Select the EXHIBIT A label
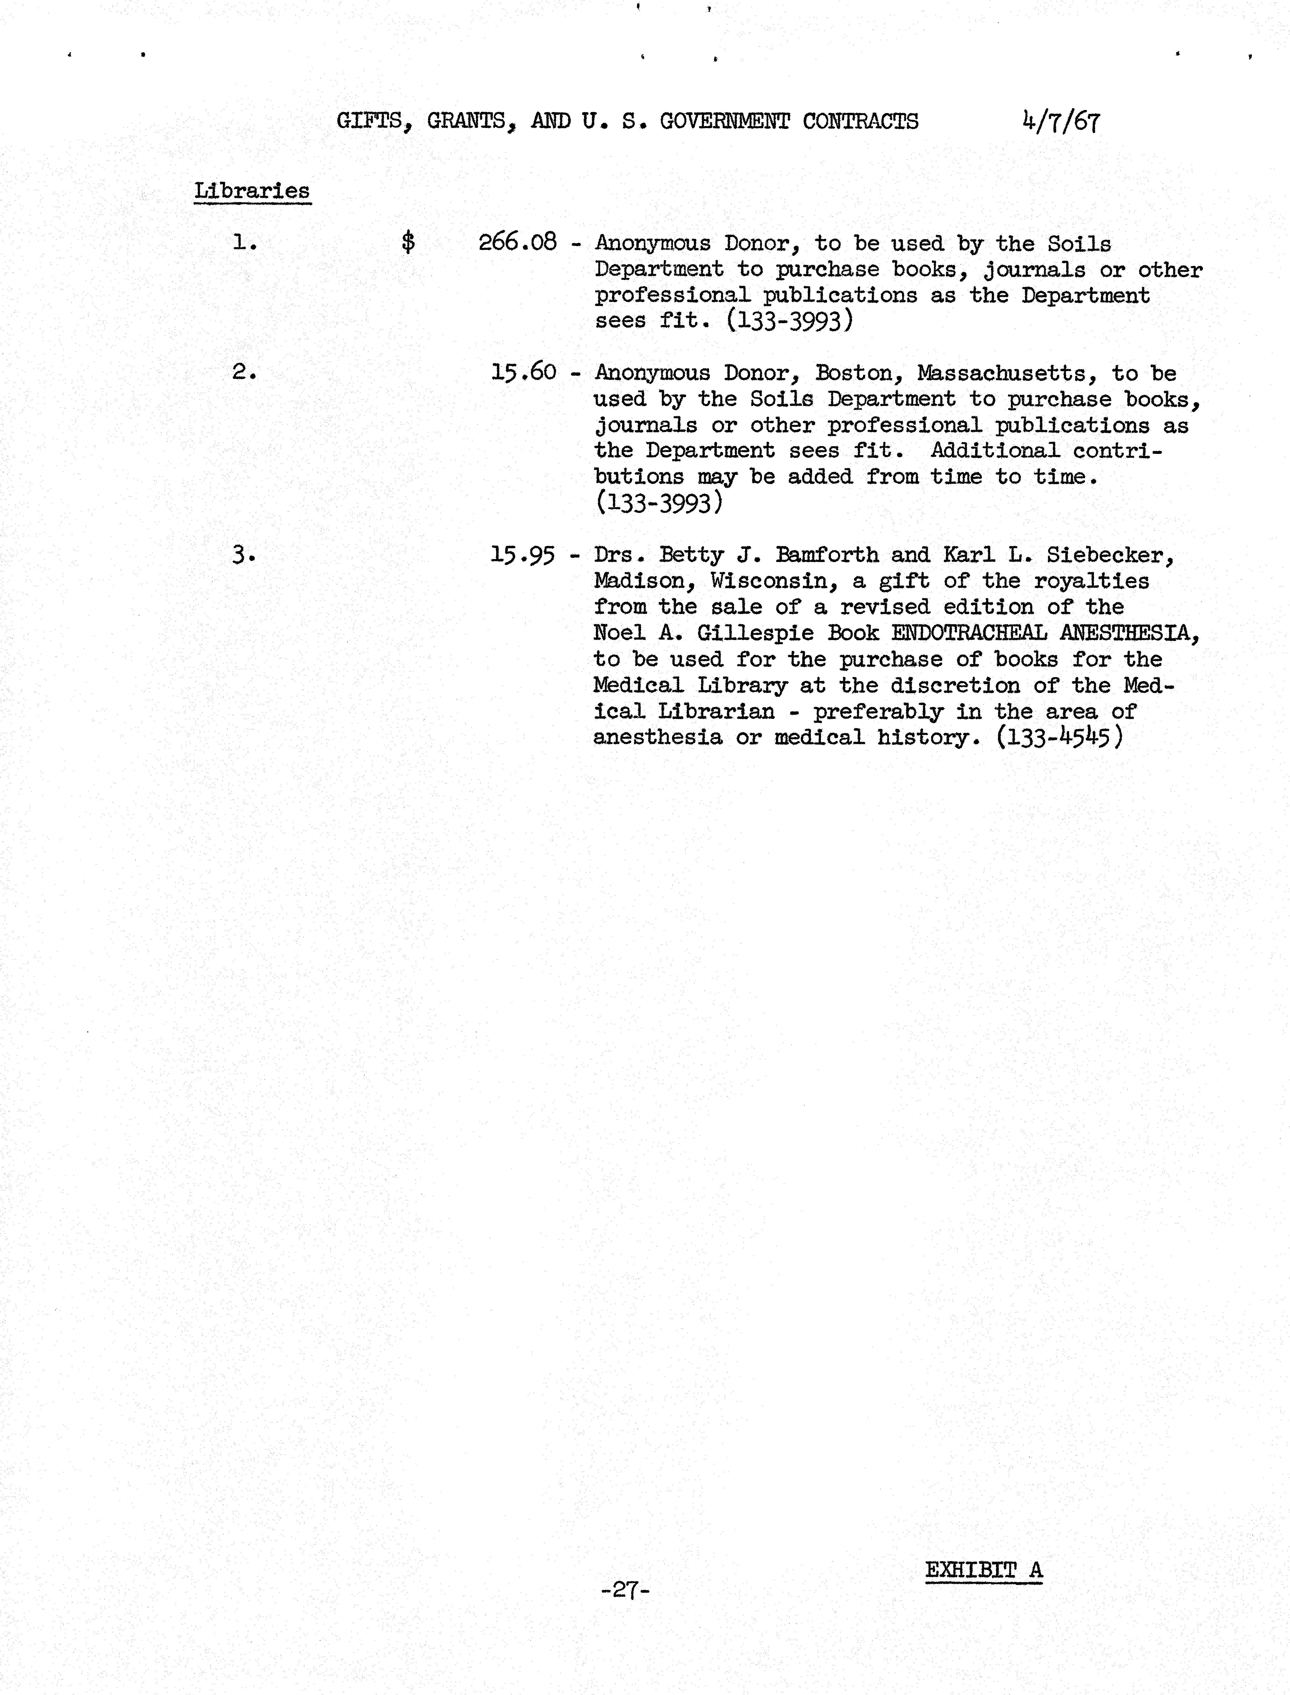tap(984, 1570)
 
